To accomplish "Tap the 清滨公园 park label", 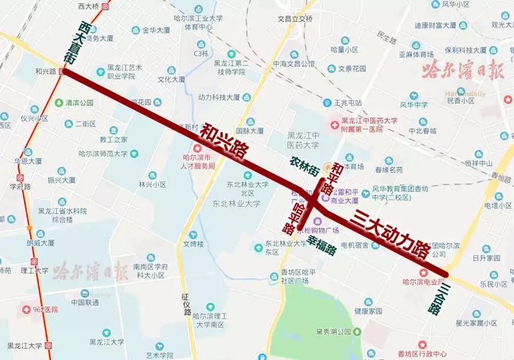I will (78, 103).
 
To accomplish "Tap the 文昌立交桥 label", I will (295, 18).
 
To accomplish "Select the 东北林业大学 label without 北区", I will (236, 203).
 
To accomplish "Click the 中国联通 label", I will (86, 302).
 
